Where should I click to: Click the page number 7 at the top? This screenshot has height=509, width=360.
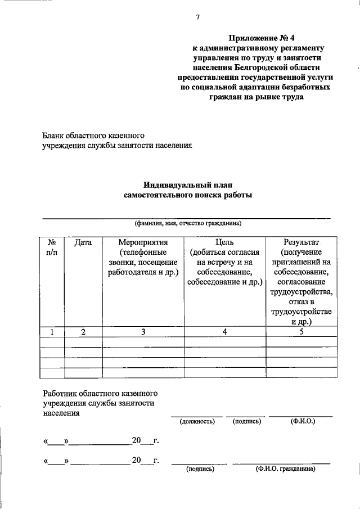(x=197, y=17)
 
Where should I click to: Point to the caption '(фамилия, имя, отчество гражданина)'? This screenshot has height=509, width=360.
(x=187, y=223)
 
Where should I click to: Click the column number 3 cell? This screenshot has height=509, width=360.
(x=143, y=332)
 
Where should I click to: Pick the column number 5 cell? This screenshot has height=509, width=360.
(x=301, y=332)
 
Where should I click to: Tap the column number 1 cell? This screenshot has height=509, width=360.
(x=51, y=332)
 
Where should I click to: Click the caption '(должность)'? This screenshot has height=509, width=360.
(x=197, y=421)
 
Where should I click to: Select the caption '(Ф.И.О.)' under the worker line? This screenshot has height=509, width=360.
(x=301, y=421)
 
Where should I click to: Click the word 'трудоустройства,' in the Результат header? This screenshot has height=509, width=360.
(x=301, y=292)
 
